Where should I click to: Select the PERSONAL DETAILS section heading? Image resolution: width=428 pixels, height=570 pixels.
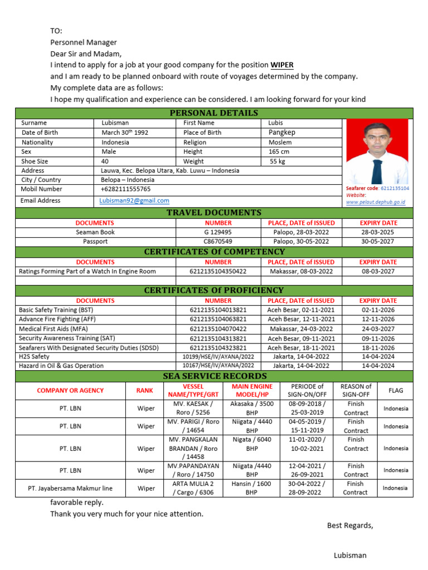click(x=213, y=113)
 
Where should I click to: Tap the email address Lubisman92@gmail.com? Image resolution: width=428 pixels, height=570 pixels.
click(x=134, y=200)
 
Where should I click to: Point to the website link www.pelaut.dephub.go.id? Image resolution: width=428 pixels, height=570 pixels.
click(x=375, y=203)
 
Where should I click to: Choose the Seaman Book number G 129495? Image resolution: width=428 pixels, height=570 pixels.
click(x=218, y=232)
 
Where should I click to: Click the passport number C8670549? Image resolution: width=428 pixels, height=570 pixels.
click(x=218, y=242)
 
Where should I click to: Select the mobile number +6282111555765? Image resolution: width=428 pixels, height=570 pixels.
click(x=126, y=189)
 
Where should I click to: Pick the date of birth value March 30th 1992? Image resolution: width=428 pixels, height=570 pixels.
click(x=125, y=132)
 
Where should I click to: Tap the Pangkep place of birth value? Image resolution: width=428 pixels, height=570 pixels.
click(x=282, y=132)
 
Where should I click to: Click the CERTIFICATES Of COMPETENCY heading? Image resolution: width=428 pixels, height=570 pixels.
click(x=214, y=252)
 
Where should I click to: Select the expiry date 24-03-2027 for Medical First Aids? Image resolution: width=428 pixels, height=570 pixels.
click(x=378, y=329)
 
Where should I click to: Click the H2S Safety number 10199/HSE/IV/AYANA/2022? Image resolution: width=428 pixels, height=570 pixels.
click(x=218, y=356)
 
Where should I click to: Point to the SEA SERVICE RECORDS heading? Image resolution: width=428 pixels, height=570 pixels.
click(x=215, y=376)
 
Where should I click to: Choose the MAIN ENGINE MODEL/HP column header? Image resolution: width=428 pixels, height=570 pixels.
click(x=252, y=391)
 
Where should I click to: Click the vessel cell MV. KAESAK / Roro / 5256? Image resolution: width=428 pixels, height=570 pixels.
click(x=193, y=408)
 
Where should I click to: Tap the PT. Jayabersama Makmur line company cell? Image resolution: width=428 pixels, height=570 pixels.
click(x=70, y=488)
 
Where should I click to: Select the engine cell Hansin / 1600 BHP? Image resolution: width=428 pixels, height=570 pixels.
click(x=252, y=488)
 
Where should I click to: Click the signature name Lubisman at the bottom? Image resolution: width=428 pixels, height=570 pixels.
click(x=350, y=555)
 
